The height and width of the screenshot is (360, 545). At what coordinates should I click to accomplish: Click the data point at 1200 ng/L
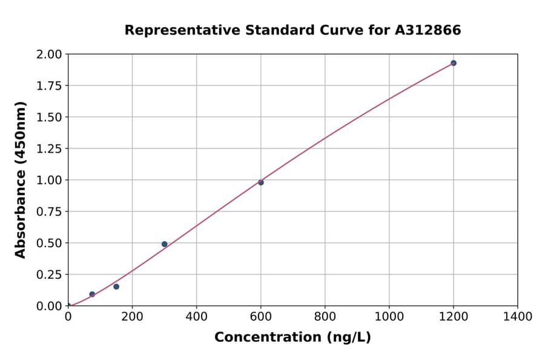tap(453, 63)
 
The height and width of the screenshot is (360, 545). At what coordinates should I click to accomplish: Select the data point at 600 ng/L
tap(261, 182)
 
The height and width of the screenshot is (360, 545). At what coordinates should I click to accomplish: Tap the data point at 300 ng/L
tap(165, 244)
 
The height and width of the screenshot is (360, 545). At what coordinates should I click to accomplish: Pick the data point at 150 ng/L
tap(116, 287)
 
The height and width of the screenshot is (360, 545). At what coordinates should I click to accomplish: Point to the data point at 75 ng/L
tap(92, 295)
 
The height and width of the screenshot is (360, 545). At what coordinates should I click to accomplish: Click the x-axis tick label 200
tap(132, 317)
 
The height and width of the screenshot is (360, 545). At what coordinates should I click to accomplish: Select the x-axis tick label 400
tap(196, 317)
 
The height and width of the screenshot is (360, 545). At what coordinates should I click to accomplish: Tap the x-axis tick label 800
tap(325, 317)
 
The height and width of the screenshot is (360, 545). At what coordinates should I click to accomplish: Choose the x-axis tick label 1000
tap(389, 317)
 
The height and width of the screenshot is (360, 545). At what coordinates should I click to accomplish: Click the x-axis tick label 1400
tap(518, 317)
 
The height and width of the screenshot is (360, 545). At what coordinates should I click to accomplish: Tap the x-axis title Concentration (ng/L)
tap(292, 338)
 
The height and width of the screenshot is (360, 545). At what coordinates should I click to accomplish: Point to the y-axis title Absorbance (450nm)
tap(21, 180)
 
